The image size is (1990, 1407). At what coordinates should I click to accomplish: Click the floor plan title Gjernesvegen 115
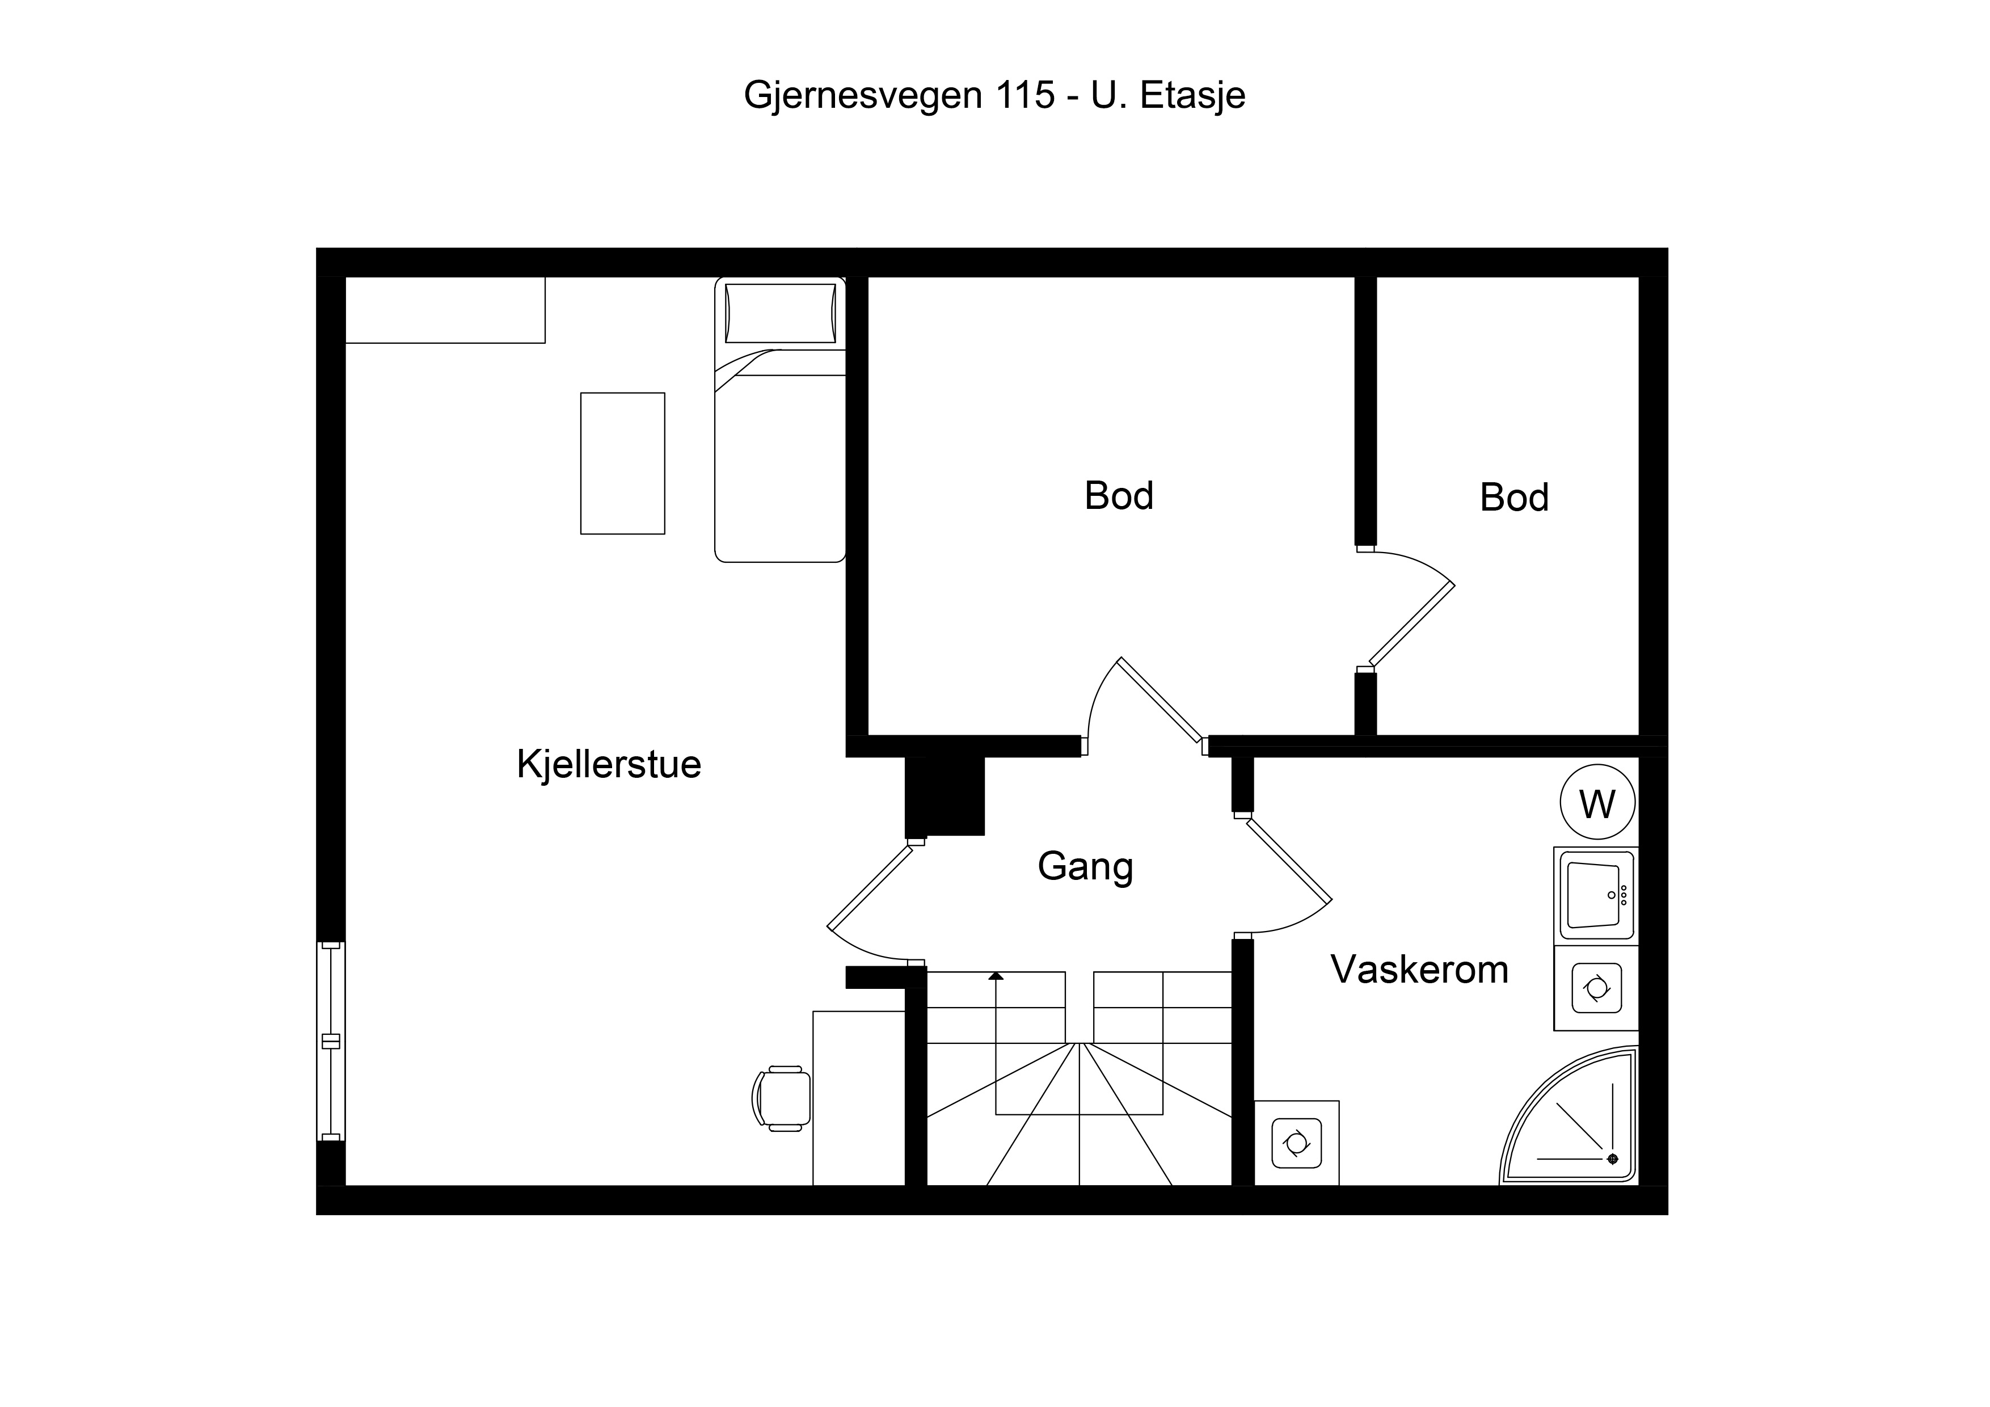[x=899, y=95]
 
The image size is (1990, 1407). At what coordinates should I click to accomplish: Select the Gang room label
[x=1085, y=866]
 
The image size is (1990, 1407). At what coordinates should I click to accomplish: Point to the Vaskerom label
[x=1419, y=969]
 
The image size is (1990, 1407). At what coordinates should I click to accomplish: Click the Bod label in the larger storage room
[x=1119, y=496]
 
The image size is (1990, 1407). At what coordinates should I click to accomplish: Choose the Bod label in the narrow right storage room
[x=1514, y=498]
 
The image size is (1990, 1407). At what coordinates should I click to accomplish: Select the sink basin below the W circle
[x=1596, y=895]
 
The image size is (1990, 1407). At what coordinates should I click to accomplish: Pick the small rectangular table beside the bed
[x=622, y=464]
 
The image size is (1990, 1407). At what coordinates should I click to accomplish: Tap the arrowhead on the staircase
[x=996, y=975]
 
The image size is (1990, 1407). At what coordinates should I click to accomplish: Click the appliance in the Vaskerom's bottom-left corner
[x=1297, y=1143]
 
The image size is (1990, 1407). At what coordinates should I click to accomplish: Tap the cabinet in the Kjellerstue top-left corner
[x=445, y=310]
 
